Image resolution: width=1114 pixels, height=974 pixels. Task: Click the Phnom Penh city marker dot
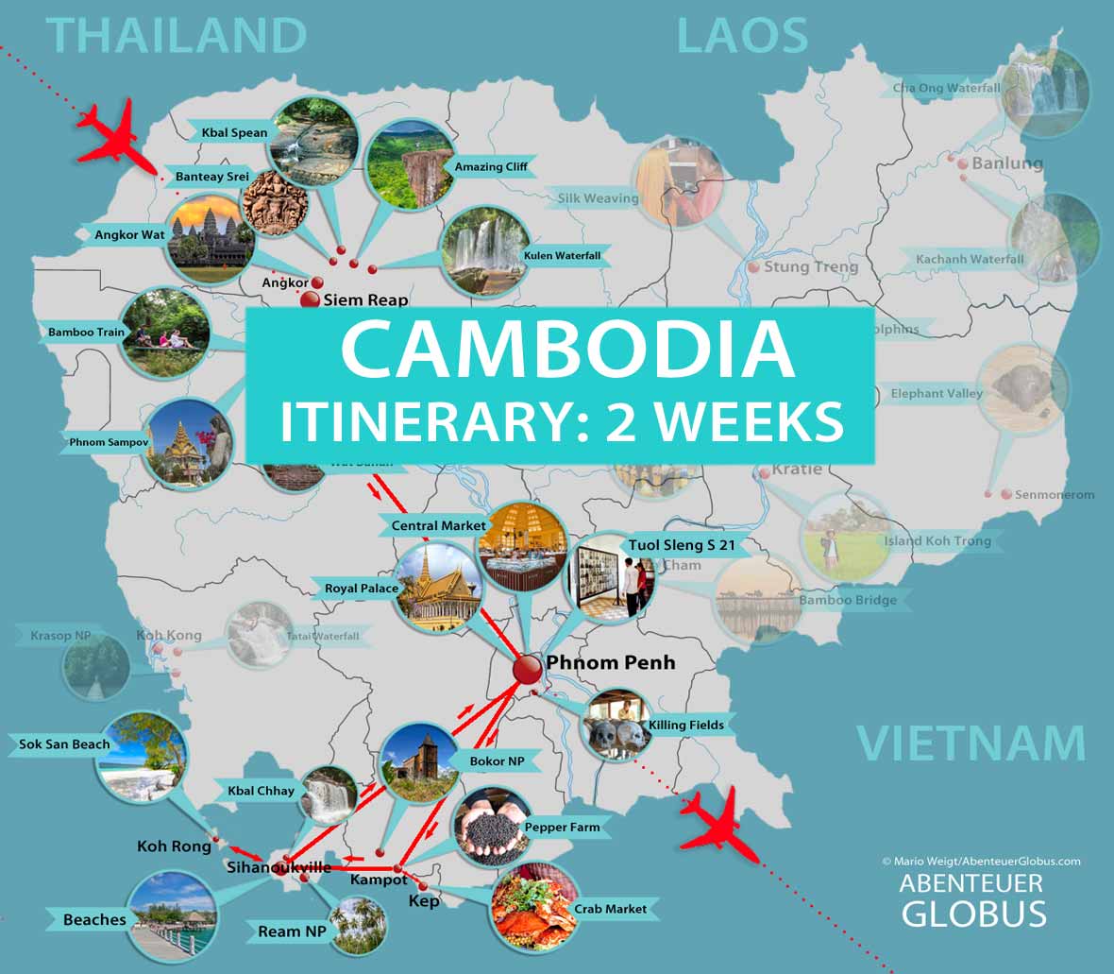pos(526,670)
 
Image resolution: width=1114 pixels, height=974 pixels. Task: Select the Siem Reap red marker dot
pos(310,300)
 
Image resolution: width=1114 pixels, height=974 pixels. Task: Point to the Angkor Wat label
pos(129,234)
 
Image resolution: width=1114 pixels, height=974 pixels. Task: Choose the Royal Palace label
pos(362,588)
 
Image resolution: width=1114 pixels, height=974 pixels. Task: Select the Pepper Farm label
pos(562,827)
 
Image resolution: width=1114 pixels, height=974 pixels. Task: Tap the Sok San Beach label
pos(64,744)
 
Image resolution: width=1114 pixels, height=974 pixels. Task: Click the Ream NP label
pos(292,931)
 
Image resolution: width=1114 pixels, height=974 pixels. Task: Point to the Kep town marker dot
pos(422,885)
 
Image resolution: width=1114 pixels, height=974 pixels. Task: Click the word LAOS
pos(742,36)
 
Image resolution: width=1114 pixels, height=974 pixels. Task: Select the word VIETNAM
pos(971,743)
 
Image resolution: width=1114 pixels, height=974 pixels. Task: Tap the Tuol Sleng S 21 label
pos(680,545)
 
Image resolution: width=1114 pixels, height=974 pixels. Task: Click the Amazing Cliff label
pos(491,166)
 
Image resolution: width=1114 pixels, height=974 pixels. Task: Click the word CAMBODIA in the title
pos(566,349)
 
